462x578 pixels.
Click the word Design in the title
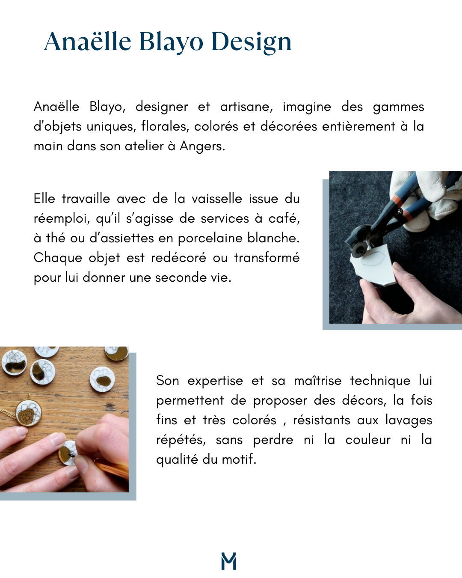point(252,42)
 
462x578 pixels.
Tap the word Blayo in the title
point(171,42)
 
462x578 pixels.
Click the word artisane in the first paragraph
point(246,107)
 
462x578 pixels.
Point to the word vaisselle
point(217,199)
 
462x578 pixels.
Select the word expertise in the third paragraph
point(215,381)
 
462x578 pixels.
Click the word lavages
point(409,420)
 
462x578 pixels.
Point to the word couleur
point(368,440)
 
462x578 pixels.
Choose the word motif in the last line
point(239,459)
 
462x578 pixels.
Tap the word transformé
point(267,258)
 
